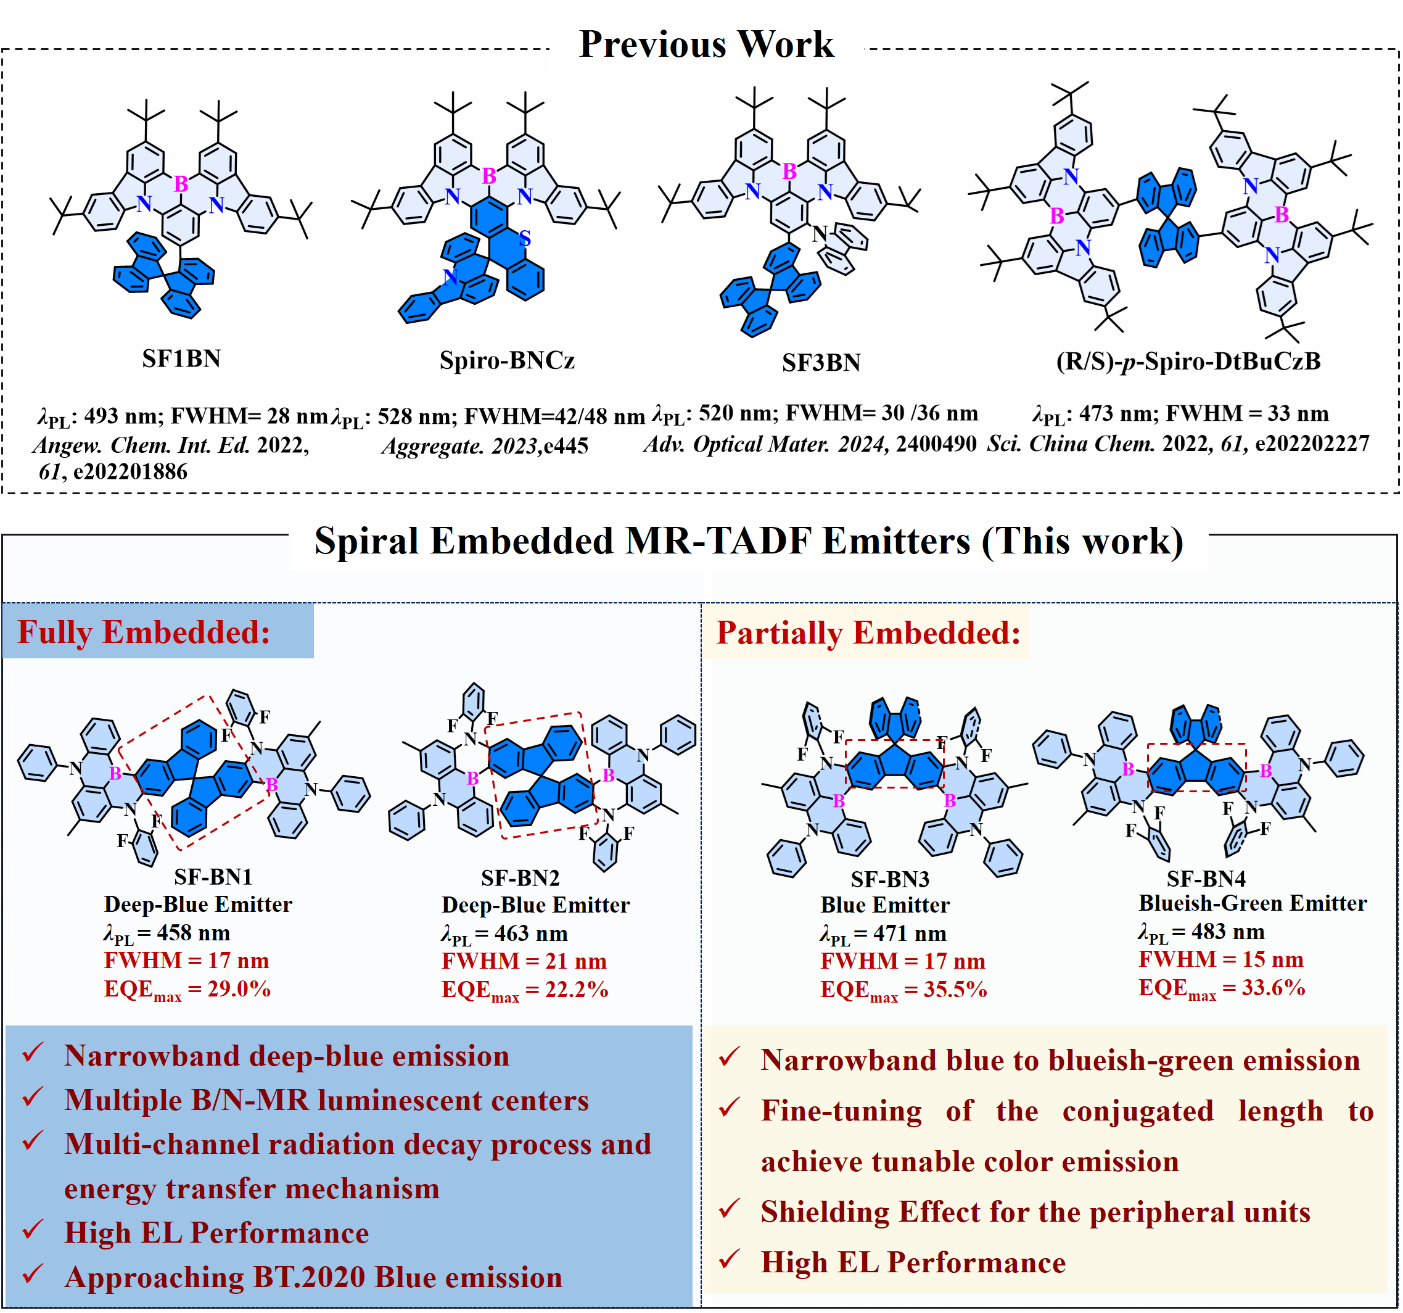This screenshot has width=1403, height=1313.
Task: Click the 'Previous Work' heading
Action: (x=706, y=44)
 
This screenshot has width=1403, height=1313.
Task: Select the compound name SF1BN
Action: (x=181, y=358)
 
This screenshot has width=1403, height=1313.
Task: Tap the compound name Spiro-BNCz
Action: (x=507, y=360)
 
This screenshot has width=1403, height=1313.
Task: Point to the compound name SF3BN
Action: (x=821, y=362)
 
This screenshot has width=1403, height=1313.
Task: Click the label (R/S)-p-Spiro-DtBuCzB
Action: (x=1188, y=361)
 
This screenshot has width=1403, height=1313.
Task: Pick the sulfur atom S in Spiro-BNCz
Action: (x=524, y=239)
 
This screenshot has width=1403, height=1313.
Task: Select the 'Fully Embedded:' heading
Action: (x=144, y=632)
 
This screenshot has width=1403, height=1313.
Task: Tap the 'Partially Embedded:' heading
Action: (x=868, y=632)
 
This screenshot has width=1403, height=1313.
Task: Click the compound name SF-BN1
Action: (x=213, y=877)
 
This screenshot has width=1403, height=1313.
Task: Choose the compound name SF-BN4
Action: (x=1206, y=878)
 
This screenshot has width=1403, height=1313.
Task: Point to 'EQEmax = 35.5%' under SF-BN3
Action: (x=903, y=990)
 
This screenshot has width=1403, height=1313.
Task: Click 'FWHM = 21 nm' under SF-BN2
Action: (x=524, y=961)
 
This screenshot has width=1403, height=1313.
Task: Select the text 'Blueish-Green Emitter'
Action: (x=1252, y=903)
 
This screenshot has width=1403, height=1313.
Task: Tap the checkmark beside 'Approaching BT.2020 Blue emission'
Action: (x=33, y=1274)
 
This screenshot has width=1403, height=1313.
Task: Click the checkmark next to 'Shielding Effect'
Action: (x=729, y=1209)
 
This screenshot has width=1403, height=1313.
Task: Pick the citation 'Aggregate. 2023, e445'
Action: (x=485, y=446)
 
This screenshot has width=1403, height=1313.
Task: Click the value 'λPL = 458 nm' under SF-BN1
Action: (x=167, y=933)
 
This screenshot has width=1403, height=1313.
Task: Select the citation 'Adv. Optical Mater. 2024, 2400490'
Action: (x=810, y=444)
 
